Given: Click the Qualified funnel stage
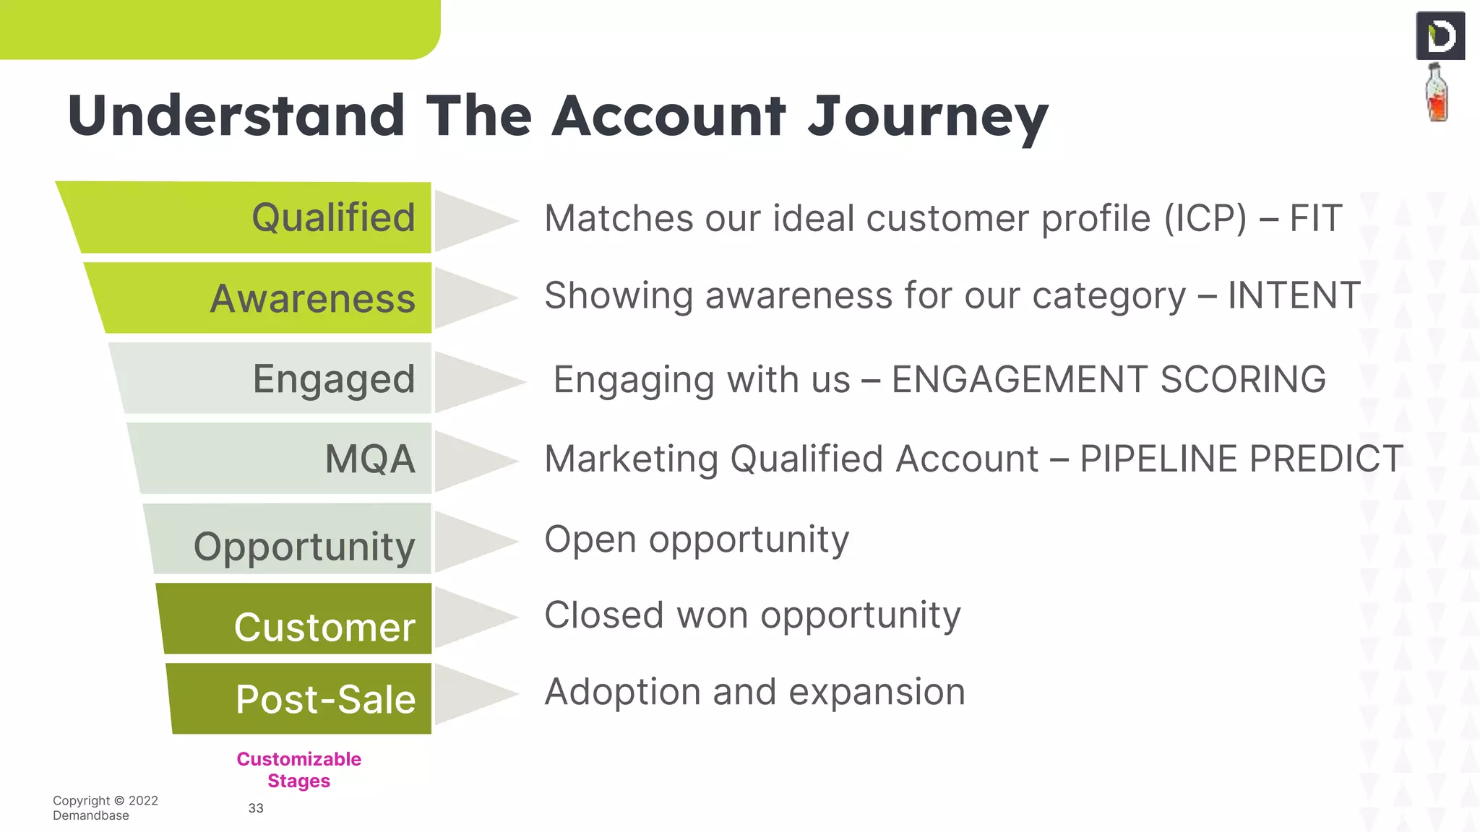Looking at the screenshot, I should (289, 217).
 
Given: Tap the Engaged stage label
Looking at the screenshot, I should (333, 379).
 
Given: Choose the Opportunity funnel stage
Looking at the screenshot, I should (304, 545).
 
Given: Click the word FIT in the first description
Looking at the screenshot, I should (1316, 218).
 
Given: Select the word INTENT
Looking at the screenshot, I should (1294, 295).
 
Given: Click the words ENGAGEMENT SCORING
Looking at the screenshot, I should (1109, 380).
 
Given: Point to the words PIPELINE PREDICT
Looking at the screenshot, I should (1241, 459).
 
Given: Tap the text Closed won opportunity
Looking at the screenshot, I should (752, 615).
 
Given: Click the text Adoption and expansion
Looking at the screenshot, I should (754, 692).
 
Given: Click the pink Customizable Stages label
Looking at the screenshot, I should (298, 770).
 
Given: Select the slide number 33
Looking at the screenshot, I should (256, 808).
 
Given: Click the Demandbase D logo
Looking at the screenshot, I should (1440, 36).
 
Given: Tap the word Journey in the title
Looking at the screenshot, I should (927, 117).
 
